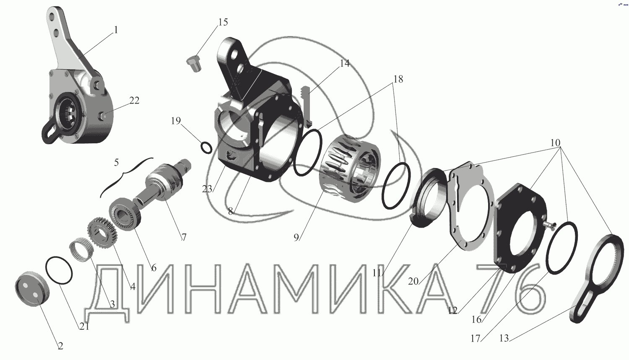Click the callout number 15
pos(223,22)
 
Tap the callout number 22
pos(134,101)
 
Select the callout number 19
pos(176,121)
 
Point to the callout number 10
pos(555,143)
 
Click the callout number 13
pos(504,338)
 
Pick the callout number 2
pos(60,346)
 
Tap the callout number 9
pos(296,238)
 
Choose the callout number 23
pos(207,189)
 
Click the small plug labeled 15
pos(193,63)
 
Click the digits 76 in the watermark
pos(511,289)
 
